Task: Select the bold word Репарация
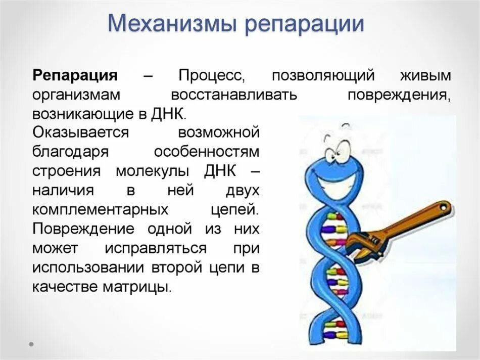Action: (x=75, y=76)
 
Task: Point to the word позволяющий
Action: (x=323, y=76)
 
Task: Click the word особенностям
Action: (x=206, y=152)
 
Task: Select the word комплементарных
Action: (x=100, y=209)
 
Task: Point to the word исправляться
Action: (x=156, y=248)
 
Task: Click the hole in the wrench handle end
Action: (x=443, y=207)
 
